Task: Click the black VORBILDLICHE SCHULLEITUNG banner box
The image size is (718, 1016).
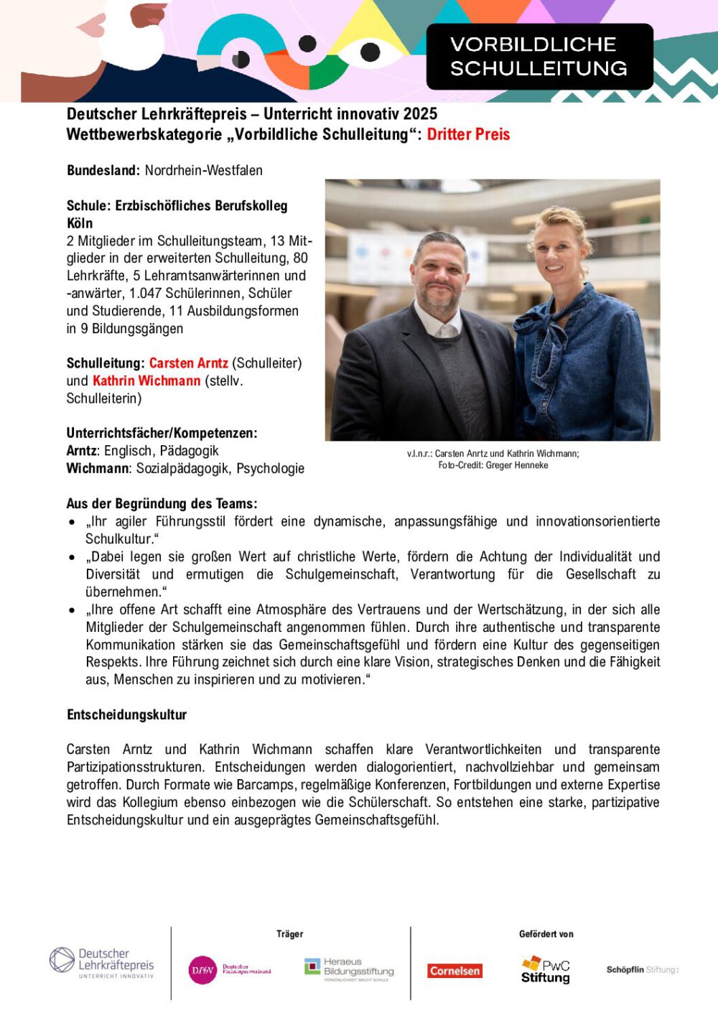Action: point(539,56)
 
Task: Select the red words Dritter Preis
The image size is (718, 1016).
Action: point(468,134)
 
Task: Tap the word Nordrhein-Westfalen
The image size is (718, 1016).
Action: point(204,170)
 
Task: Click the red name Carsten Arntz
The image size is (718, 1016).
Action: point(189,363)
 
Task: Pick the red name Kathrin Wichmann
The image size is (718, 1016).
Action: point(146,381)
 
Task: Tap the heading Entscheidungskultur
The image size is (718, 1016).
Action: point(126,714)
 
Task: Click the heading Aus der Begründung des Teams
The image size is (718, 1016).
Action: point(162,503)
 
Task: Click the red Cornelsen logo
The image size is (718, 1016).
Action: point(455,971)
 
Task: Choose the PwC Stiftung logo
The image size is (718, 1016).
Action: point(546,969)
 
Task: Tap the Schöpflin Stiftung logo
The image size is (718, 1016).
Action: point(642,969)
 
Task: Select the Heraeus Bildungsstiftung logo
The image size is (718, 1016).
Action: point(349,969)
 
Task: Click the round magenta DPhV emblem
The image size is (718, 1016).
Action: point(202,970)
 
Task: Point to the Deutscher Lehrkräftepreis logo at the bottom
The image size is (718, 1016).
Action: point(102,962)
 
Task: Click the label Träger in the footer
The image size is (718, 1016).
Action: point(290,934)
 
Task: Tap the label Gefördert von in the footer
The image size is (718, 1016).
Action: point(546,934)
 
